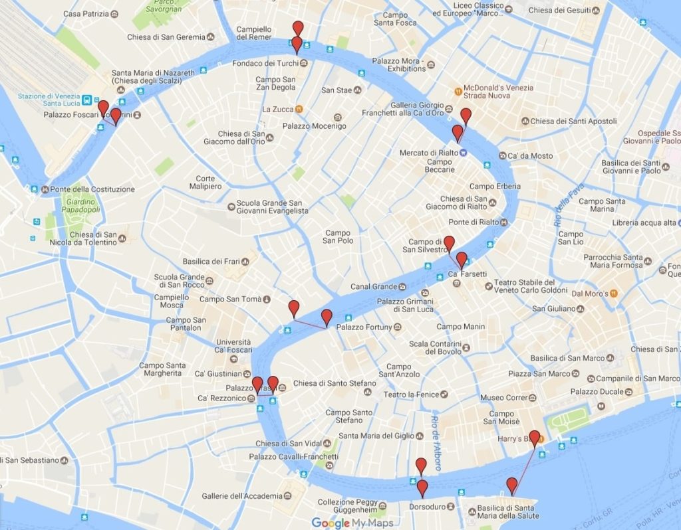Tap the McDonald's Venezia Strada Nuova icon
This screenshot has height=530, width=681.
(x=458, y=91)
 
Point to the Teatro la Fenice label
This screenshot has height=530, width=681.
(x=411, y=395)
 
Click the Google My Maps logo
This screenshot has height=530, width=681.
(x=349, y=523)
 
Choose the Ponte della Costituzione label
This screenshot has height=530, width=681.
(x=92, y=189)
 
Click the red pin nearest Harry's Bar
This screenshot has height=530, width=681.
(x=534, y=438)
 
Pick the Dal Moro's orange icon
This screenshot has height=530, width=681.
(x=614, y=293)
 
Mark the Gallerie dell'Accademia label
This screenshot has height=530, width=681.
(x=242, y=496)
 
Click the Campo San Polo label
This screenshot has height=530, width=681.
(x=338, y=236)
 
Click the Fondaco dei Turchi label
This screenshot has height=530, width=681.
(x=265, y=64)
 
